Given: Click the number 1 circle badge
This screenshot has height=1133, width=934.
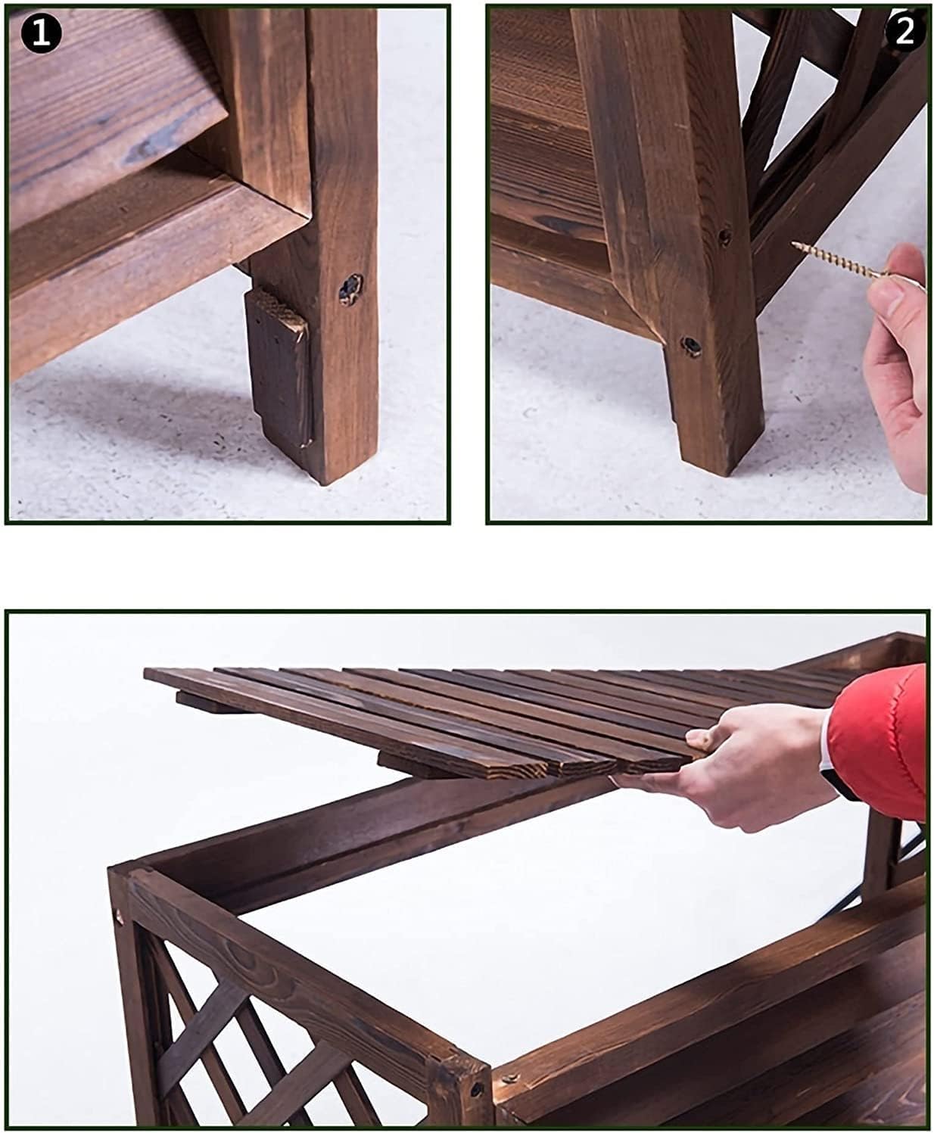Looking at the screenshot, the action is [41, 33].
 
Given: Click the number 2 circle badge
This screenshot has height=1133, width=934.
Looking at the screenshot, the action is [904, 32].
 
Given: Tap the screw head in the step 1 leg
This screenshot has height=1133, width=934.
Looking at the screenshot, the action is [352, 288].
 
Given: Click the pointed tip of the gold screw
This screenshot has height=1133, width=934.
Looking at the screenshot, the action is [793, 244].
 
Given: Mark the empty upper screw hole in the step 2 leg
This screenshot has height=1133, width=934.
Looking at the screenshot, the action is [724, 237].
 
